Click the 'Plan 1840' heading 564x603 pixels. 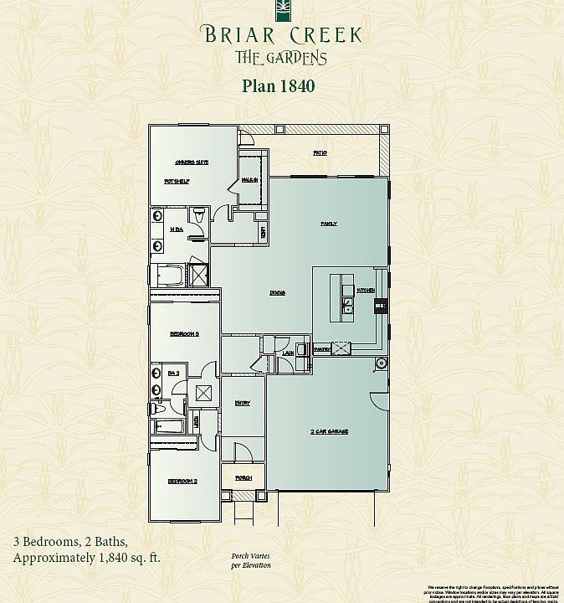278,85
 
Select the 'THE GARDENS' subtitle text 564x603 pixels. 280,58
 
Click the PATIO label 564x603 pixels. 319,153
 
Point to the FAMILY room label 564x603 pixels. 329,224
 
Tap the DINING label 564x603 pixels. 278,293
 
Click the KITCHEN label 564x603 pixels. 367,290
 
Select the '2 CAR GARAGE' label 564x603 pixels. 329,431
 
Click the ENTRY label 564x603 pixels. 242,404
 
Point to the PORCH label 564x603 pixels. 243,478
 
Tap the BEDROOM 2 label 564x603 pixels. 182,482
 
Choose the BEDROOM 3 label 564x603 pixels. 183,333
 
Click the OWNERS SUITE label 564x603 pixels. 191,162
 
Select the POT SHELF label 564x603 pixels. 174,181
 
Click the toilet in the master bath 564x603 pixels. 197,218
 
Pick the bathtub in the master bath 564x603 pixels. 171,276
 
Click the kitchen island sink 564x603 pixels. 347,309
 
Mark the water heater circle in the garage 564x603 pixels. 382,363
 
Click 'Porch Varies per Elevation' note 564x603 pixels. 251,561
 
